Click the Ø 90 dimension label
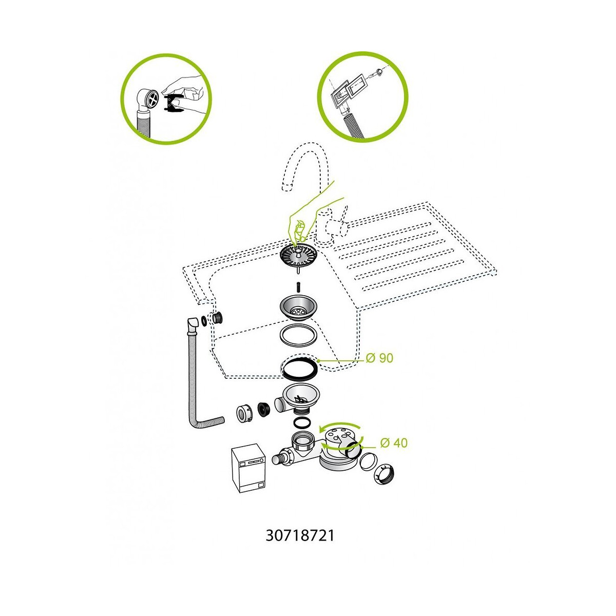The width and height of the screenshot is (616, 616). [379, 358]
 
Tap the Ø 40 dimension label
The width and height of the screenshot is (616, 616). [394, 442]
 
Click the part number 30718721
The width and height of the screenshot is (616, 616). [300, 536]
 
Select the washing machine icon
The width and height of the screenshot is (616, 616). [248, 468]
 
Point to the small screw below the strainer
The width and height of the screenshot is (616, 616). [298, 286]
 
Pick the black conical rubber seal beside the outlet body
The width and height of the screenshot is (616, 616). [263, 410]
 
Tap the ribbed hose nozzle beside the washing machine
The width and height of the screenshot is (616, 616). [282, 458]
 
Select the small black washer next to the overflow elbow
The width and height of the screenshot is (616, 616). [204, 321]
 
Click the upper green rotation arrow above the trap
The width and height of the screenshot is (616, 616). [340, 426]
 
